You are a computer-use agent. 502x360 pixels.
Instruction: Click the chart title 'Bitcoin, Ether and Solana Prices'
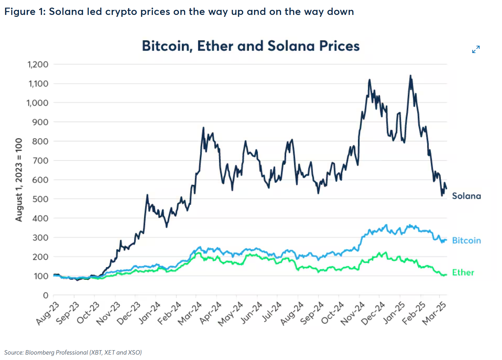251,46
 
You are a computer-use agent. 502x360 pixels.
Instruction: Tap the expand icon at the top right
476,49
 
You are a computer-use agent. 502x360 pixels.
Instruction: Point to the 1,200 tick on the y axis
38,64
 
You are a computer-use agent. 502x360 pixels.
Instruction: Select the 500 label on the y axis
40,199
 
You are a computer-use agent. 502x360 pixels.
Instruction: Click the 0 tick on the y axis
46,295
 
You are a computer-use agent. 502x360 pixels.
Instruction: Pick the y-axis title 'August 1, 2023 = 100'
19,180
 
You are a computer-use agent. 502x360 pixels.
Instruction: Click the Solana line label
466,196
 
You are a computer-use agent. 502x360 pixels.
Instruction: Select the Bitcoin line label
466,240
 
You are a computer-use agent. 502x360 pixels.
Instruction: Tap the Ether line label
463,272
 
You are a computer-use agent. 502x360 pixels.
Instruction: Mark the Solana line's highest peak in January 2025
410,76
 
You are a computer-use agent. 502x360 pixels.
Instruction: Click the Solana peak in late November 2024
369,80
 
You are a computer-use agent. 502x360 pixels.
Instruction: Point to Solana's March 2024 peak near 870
203,128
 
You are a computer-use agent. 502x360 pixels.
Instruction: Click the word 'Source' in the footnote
14,352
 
